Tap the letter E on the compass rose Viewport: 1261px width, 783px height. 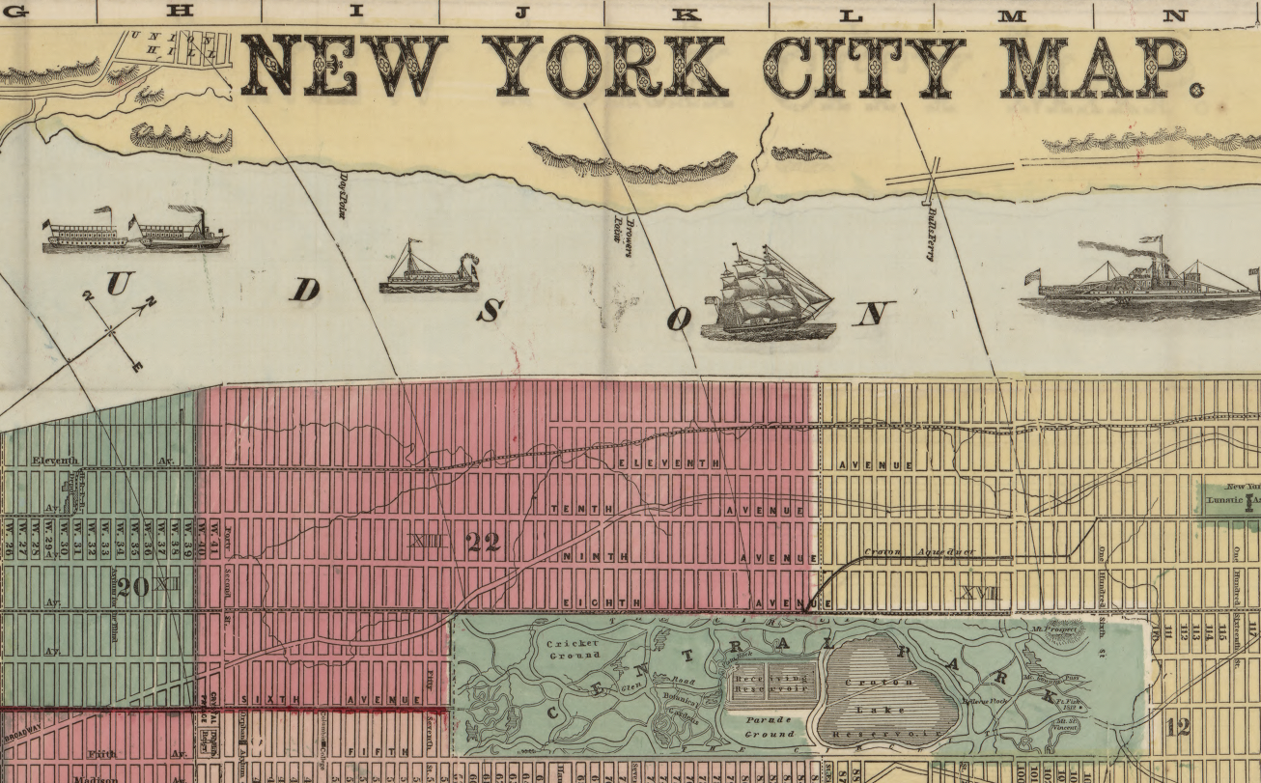[x=137, y=366]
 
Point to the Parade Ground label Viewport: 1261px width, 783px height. [x=769, y=726]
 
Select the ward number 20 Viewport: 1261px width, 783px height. [x=133, y=585]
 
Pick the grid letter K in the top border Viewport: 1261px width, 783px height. [x=686, y=14]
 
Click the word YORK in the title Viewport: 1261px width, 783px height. [x=603, y=65]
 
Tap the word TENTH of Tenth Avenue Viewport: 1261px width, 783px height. [x=570, y=508]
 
